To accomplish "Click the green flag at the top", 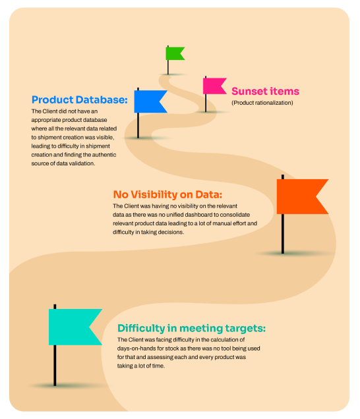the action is click(174, 53).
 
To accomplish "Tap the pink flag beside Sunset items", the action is click(214, 86).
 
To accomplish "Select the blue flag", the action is click(150, 101).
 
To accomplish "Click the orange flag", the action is click(301, 196).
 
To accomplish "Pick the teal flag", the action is click(74, 327).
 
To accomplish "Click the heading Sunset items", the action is click(265, 91).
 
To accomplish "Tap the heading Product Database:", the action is click(79, 99).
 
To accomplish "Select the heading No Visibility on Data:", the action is click(167, 194).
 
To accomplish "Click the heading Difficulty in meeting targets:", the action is click(191, 328).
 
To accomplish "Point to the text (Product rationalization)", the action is click(262, 103).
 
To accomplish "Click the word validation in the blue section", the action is click(81, 163).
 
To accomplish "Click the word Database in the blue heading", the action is click(102, 99).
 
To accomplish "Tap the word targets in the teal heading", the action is click(245, 329).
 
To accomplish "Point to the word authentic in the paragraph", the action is click(104, 155).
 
